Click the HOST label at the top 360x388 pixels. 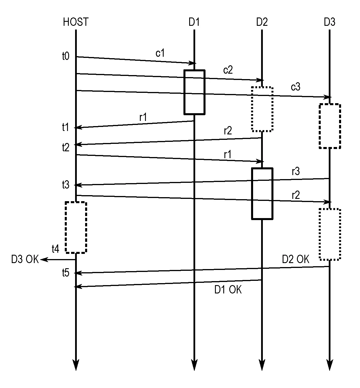click(76, 22)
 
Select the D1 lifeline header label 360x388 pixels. click(194, 22)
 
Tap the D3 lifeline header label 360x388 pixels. click(330, 22)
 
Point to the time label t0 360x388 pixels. click(66, 56)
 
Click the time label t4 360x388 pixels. click(55, 249)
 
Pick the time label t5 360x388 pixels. click(66, 273)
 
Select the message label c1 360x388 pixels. click(160, 53)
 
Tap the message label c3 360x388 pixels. click(296, 87)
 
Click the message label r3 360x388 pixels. click(296, 171)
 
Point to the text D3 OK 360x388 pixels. click(25, 259)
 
